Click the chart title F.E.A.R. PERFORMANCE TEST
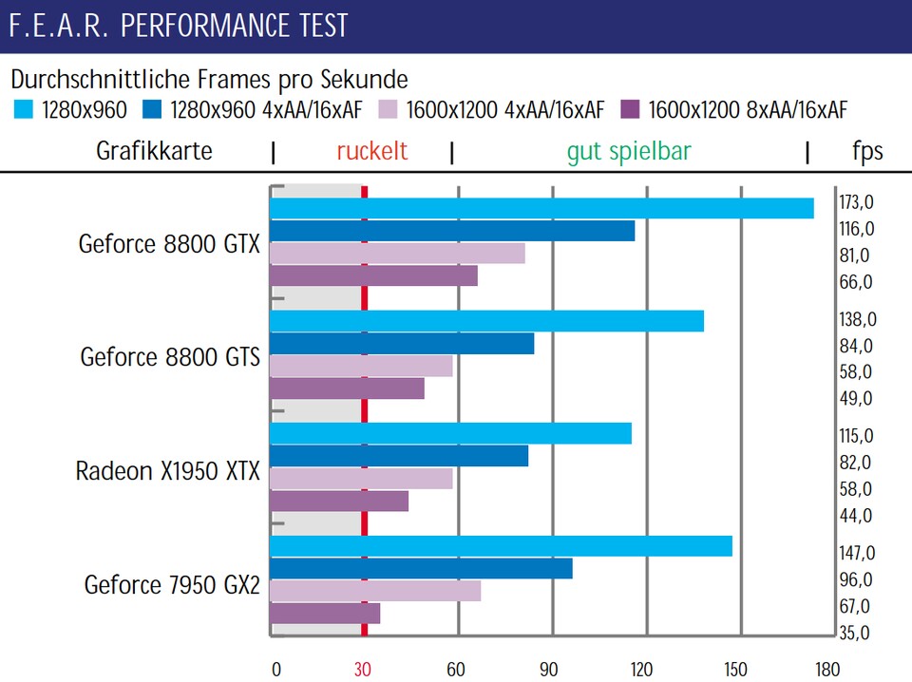(x=179, y=26)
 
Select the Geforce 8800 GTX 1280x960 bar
(x=541, y=208)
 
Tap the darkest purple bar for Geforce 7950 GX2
(x=325, y=614)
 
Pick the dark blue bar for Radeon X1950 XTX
(x=399, y=456)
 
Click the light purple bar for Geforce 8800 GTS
(x=361, y=366)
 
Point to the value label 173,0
(x=855, y=202)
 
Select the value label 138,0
(x=855, y=319)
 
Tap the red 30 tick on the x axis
(x=363, y=669)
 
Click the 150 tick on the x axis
(x=736, y=669)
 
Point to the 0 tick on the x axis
(x=276, y=669)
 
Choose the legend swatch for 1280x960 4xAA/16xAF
(x=152, y=110)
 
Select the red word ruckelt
(x=372, y=151)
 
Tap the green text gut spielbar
(x=629, y=151)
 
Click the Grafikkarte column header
(x=154, y=151)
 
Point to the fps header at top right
(x=866, y=151)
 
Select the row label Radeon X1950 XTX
(x=168, y=471)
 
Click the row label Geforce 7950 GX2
(x=172, y=584)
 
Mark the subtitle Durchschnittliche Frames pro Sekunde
(x=210, y=79)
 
